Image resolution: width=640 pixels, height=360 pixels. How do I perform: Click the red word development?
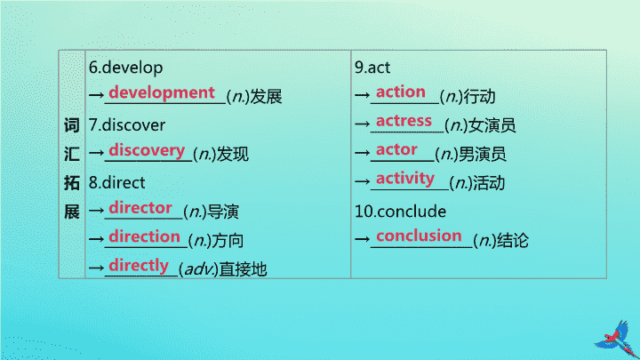(x=162, y=93)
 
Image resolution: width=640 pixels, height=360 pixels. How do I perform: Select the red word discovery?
(x=147, y=150)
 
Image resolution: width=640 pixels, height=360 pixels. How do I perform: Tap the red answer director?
(x=140, y=208)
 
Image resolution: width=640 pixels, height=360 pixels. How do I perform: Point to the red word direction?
(x=145, y=236)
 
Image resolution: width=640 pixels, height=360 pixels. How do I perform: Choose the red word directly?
(x=139, y=266)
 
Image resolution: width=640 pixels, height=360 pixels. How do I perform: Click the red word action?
(x=401, y=92)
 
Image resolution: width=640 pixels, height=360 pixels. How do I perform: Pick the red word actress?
(x=404, y=121)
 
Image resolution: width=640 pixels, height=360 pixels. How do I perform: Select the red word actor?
(x=396, y=149)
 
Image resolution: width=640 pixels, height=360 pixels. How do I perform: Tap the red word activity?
(x=405, y=179)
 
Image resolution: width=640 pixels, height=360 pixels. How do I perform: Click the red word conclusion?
(x=419, y=236)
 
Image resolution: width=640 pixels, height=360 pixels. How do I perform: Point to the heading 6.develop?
(x=125, y=68)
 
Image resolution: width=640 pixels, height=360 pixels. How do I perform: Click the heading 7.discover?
(x=127, y=125)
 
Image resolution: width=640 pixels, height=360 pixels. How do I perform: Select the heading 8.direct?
(x=116, y=182)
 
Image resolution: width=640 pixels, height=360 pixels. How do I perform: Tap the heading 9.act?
(x=372, y=68)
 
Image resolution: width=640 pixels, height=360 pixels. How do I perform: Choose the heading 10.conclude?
(x=400, y=212)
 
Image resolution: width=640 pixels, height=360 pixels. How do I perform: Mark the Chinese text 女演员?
(x=492, y=125)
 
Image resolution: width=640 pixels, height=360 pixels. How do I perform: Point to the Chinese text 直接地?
(x=243, y=269)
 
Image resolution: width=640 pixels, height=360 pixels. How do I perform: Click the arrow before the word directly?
(x=96, y=268)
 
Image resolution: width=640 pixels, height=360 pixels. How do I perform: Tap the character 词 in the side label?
(x=71, y=125)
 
